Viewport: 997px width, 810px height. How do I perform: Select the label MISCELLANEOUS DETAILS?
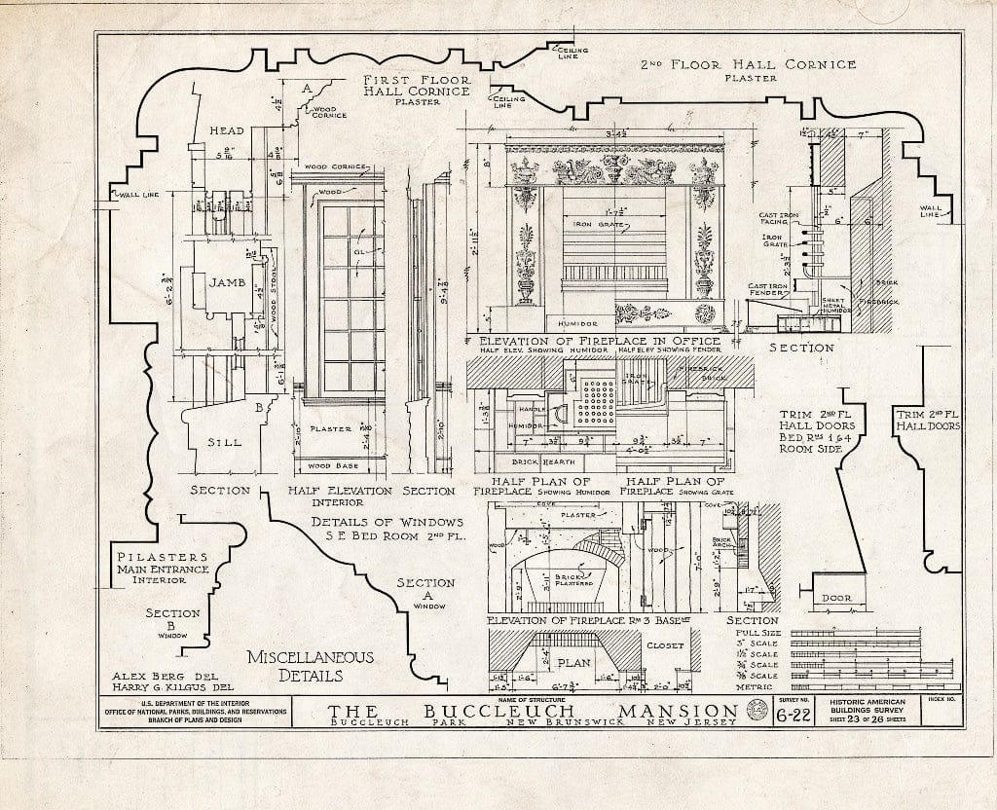click(295, 665)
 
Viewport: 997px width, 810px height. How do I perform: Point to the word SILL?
click(224, 442)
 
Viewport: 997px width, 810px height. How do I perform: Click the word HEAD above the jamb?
click(227, 131)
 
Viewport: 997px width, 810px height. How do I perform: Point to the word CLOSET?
click(666, 644)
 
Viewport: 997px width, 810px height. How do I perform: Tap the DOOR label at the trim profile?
click(835, 598)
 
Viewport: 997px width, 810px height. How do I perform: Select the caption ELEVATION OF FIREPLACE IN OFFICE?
click(594, 341)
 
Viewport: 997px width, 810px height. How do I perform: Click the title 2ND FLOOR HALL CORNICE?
click(749, 65)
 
